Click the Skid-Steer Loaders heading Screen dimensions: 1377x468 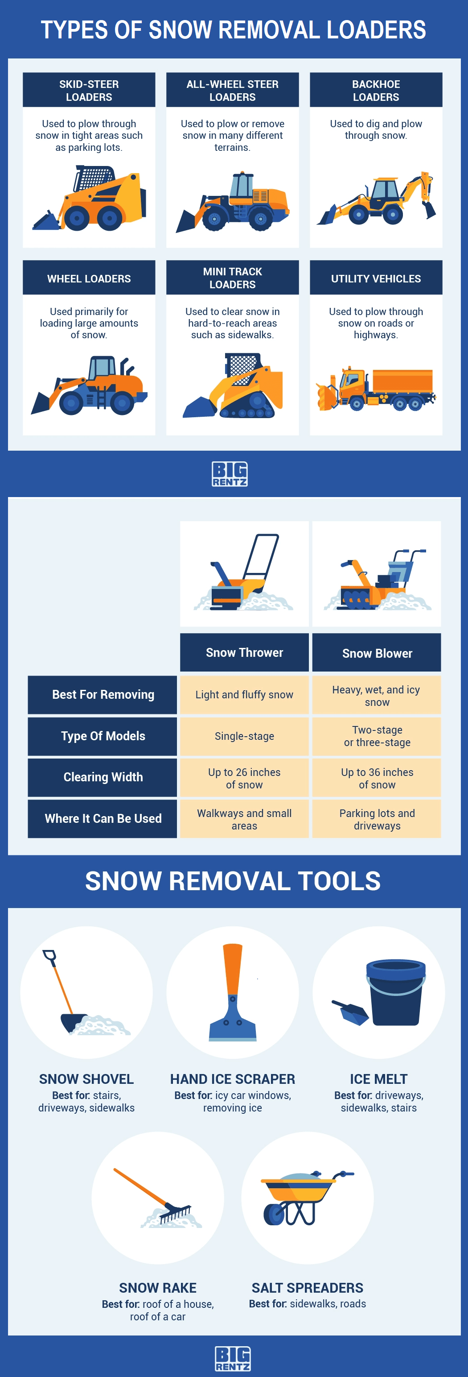[89, 90]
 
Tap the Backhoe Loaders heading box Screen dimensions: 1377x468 [376, 90]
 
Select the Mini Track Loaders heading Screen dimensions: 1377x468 [232, 278]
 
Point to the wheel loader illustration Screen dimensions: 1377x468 [89, 386]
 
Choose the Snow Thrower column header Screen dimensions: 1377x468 [244, 653]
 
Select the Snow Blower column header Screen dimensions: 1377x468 [377, 653]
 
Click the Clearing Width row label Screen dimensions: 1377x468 [103, 777]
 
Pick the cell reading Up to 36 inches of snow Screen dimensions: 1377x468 [377, 778]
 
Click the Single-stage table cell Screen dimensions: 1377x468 [244, 736]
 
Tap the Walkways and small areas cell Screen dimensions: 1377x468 [244, 819]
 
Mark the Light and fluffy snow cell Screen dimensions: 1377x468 [244, 695]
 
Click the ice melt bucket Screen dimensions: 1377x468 [395, 992]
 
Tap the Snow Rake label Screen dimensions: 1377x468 [158, 1288]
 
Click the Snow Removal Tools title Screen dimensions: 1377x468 [233, 881]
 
